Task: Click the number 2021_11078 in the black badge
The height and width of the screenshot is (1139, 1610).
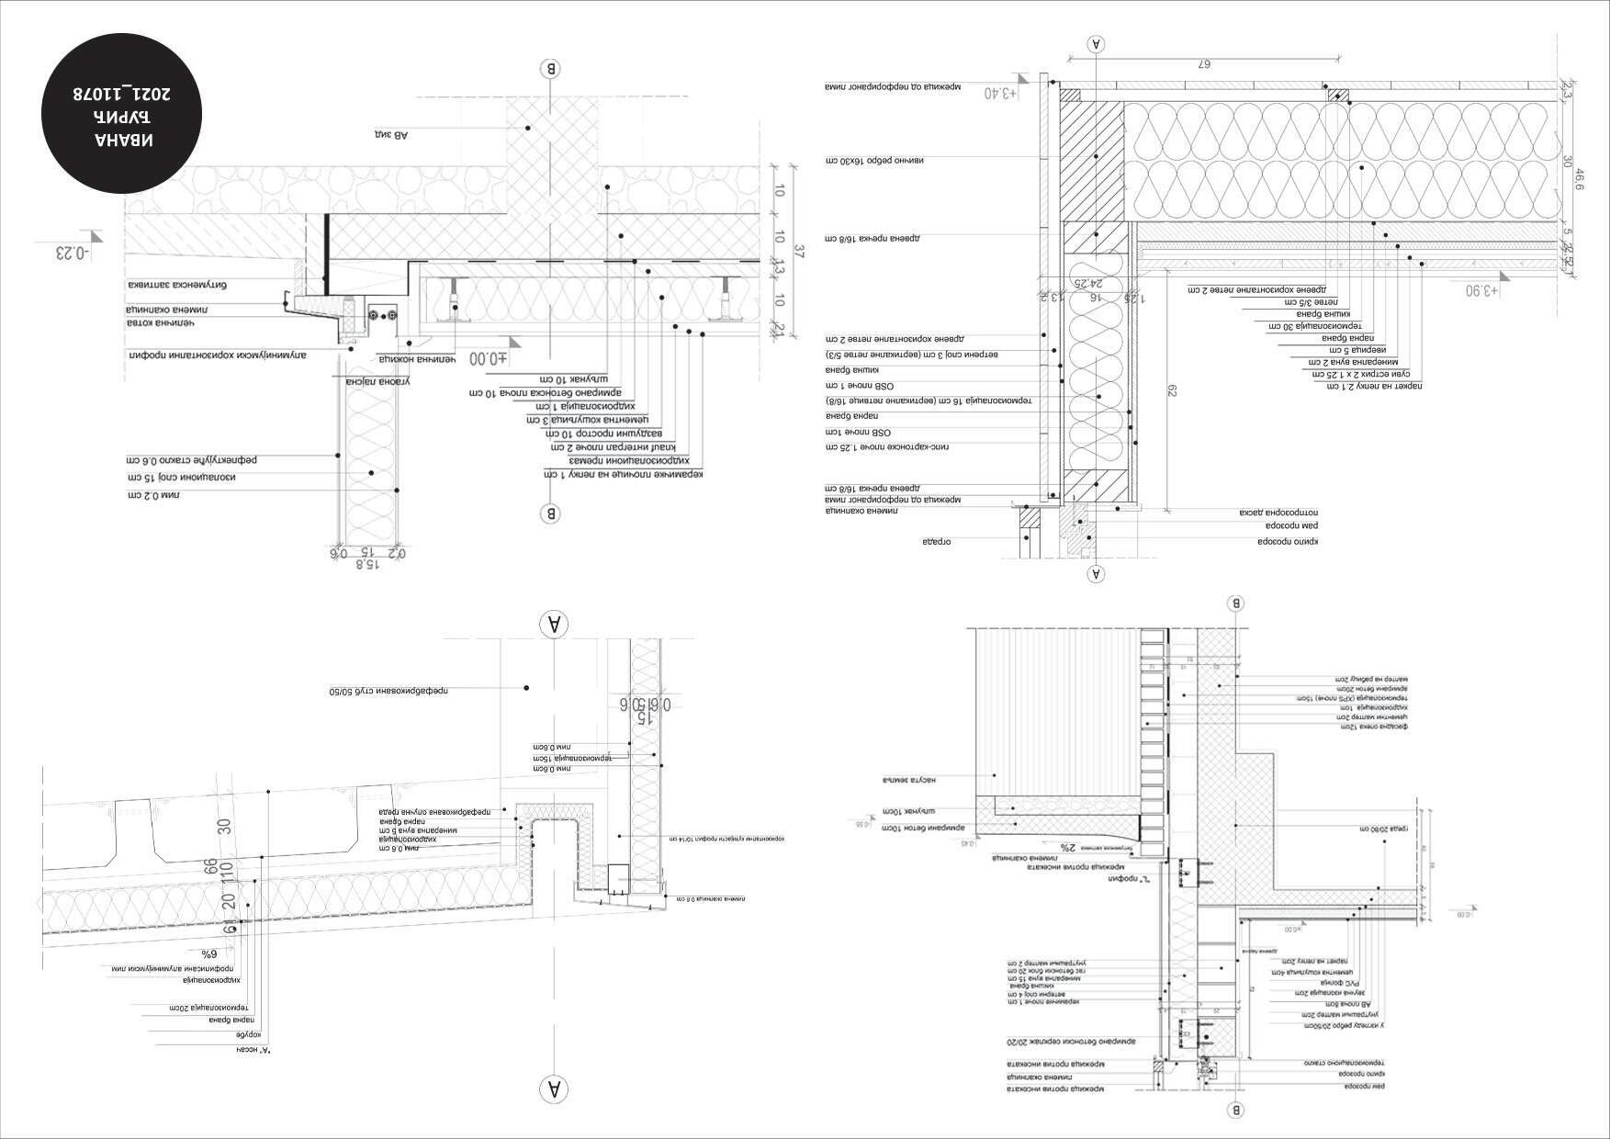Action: coord(122,94)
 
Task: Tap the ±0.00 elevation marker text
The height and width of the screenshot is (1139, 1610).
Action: coord(487,358)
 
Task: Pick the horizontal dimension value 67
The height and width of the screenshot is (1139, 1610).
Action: coord(1206,64)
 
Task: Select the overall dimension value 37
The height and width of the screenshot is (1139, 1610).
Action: coord(799,253)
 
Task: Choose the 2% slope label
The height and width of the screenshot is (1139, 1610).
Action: coord(1067,847)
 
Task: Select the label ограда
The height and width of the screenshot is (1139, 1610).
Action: coord(936,542)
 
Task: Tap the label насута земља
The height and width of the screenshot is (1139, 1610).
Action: coord(908,781)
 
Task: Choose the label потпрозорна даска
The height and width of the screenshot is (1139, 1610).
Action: coord(1289,512)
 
